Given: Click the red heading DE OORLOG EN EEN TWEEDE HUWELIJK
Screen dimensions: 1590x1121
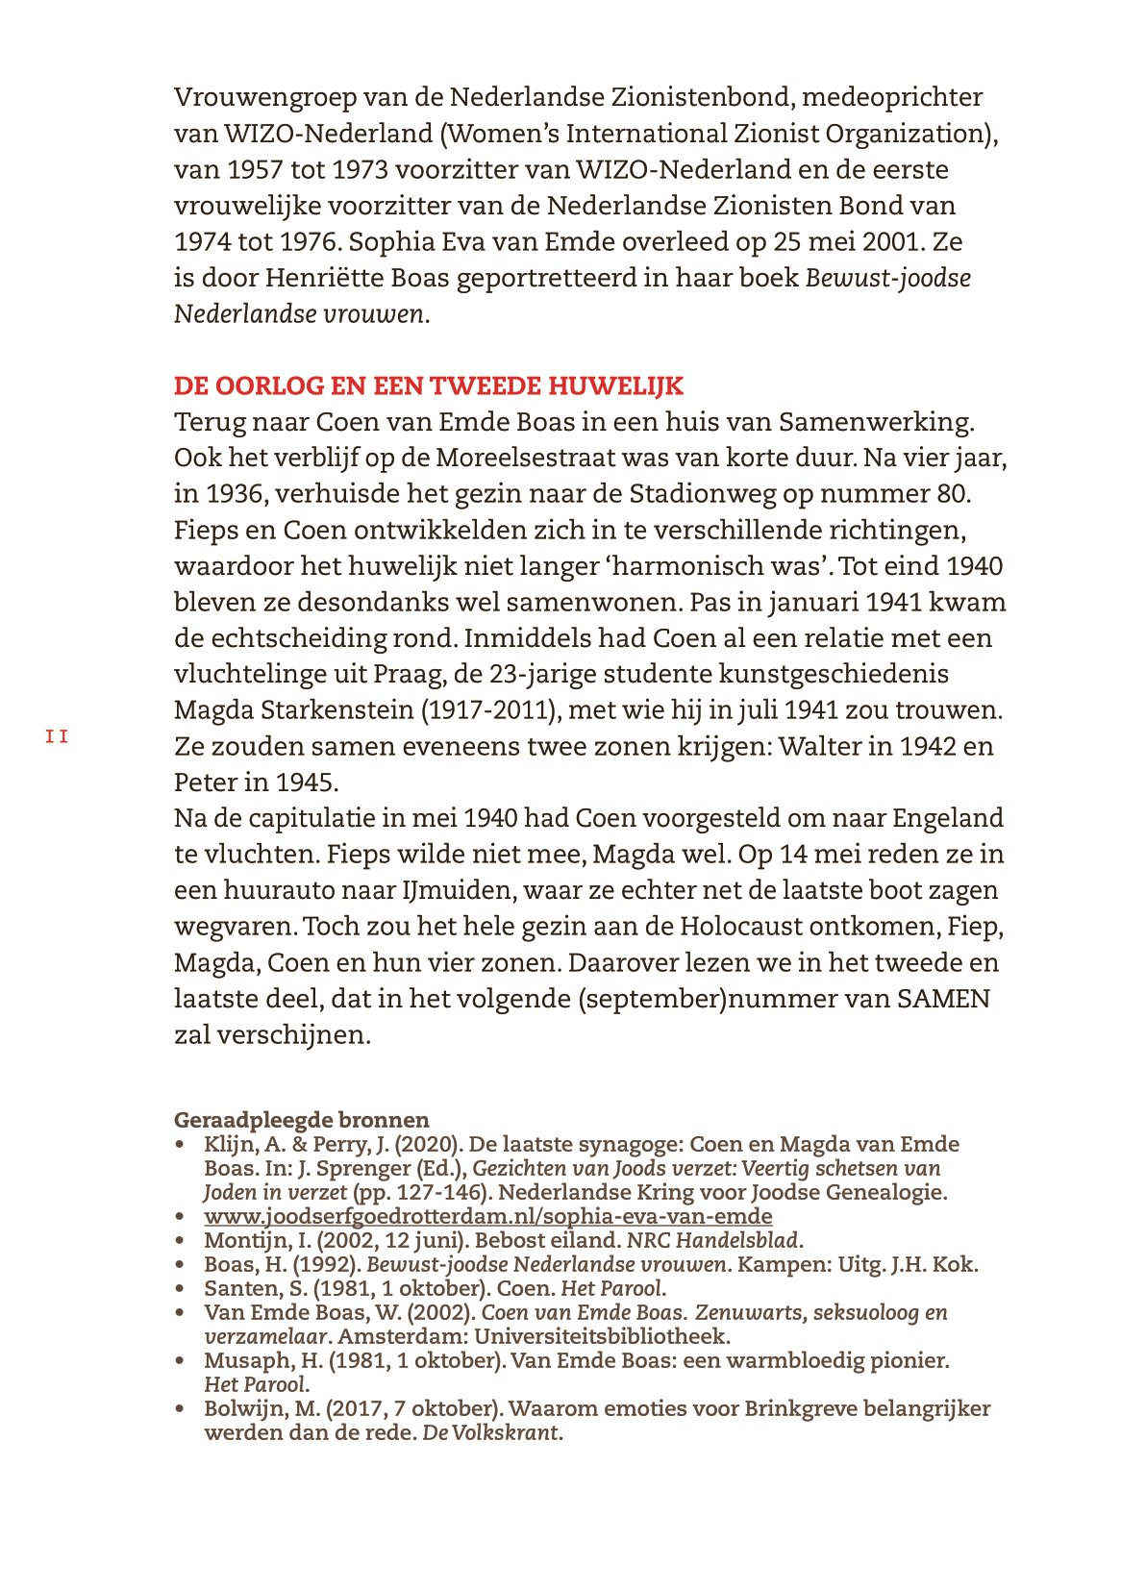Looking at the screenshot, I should (428, 386).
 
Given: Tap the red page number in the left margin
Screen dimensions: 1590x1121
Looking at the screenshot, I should (57, 737).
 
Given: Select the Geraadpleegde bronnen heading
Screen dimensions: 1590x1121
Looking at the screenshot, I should (301, 1120).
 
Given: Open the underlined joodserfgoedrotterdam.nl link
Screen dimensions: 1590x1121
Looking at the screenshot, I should (487, 1216).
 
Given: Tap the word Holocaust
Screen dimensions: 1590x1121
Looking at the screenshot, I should (740, 927).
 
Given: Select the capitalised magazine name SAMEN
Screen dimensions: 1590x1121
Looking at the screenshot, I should (943, 999).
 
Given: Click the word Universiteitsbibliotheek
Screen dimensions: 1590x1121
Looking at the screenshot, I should (601, 1336).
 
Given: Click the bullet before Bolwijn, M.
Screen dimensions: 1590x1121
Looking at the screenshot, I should (180, 1409).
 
